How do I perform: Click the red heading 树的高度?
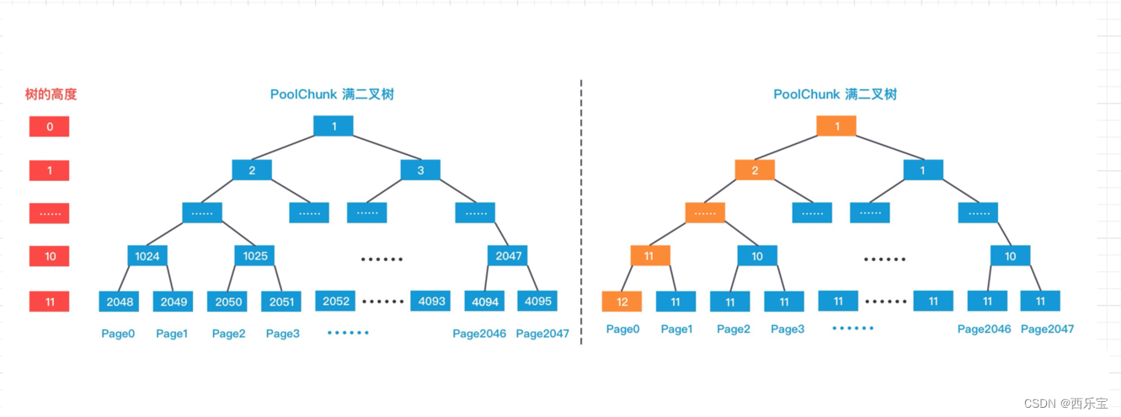point(51,95)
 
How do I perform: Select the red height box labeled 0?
point(50,127)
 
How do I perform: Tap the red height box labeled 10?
point(50,256)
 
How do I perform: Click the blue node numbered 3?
point(421,170)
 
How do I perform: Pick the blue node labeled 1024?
point(148,256)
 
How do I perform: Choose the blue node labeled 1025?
point(254,256)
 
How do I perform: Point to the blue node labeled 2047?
point(508,255)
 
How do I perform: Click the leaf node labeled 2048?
point(119,302)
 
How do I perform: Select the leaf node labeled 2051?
point(281,302)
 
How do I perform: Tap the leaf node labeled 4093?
point(430,301)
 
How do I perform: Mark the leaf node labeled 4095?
point(537,301)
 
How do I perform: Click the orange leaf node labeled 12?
point(622,302)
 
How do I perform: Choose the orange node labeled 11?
point(649,255)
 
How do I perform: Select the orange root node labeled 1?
point(836,126)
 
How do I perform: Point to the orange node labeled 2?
point(755,170)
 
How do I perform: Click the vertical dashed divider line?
point(581,211)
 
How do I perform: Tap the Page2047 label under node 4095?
point(542,334)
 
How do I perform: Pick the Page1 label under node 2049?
point(172,334)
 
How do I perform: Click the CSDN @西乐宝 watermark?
point(1067,403)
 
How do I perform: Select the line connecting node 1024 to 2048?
point(129,279)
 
